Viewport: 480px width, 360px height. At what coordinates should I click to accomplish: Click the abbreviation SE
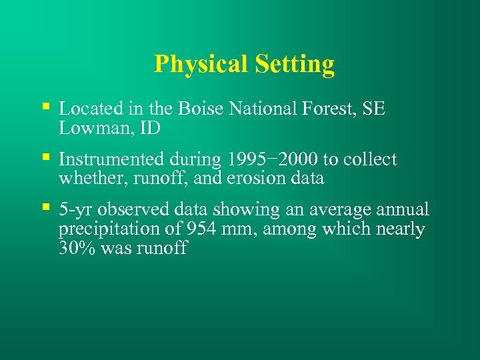[374, 109]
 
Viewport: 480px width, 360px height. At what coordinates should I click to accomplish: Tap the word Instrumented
[111, 160]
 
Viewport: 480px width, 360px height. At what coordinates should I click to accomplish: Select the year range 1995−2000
[272, 160]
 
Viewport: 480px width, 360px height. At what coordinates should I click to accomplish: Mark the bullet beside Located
[45, 105]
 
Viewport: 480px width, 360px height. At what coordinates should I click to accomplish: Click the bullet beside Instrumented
[45, 157]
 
